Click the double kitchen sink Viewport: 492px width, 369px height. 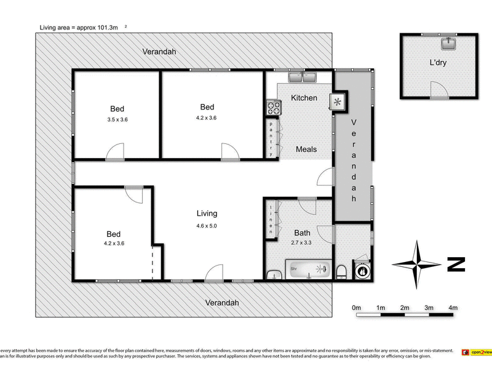coord(303,77)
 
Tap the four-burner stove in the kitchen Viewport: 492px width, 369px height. coord(272,108)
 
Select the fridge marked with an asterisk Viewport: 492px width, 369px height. coord(338,102)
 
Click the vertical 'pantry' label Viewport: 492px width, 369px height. coord(271,138)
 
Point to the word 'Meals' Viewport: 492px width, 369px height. coord(306,149)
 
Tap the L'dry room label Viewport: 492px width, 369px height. coord(438,63)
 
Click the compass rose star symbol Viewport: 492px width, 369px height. coord(417,264)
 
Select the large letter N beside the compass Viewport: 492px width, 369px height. coord(456,265)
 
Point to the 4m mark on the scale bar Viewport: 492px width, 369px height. coord(453,307)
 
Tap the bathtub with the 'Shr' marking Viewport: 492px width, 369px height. coord(307,269)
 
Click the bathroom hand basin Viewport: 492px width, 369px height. coord(274,273)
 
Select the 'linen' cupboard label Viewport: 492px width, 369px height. coord(271,218)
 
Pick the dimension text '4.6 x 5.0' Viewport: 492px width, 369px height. coord(207,226)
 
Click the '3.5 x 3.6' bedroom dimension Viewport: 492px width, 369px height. coord(117,121)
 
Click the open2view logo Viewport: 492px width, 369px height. coord(477,352)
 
